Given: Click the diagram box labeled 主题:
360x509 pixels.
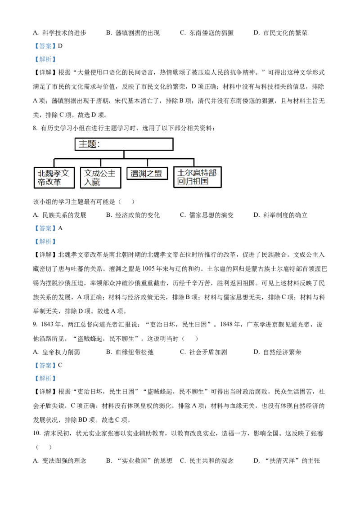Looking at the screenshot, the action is (x=124, y=144).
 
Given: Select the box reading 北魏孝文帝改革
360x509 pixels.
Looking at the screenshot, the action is (x=54, y=178).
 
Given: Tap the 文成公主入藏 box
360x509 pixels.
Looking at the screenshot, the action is (x=101, y=178).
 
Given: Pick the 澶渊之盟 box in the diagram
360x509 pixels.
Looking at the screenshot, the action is (x=147, y=174).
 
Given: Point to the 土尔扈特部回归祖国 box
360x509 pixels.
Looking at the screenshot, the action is (x=197, y=177).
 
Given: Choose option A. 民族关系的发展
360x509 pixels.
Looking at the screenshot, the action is (x=59, y=215).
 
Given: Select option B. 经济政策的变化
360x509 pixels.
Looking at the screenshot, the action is (x=133, y=215).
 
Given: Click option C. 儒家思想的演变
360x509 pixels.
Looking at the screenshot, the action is (x=207, y=215).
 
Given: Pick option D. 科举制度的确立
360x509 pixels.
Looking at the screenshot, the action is (x=280, y=215).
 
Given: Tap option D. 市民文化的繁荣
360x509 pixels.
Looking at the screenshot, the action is (x=280, y=33).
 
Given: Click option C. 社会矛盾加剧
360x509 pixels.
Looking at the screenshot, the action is (x=203, y=352).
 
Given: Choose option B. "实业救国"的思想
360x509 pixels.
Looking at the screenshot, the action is (x=139, y=460).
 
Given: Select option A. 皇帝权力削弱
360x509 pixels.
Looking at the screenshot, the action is (x=56, y=352).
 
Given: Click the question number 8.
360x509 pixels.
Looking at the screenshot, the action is (x=35, y=128).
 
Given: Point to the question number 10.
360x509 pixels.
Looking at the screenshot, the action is (x=37, y=433).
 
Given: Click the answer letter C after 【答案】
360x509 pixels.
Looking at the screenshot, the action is (x=60, y=365).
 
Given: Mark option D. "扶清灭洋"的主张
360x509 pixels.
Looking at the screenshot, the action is (x=287, y=460).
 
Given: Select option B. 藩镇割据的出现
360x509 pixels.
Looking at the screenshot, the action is (x=133, y=33).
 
